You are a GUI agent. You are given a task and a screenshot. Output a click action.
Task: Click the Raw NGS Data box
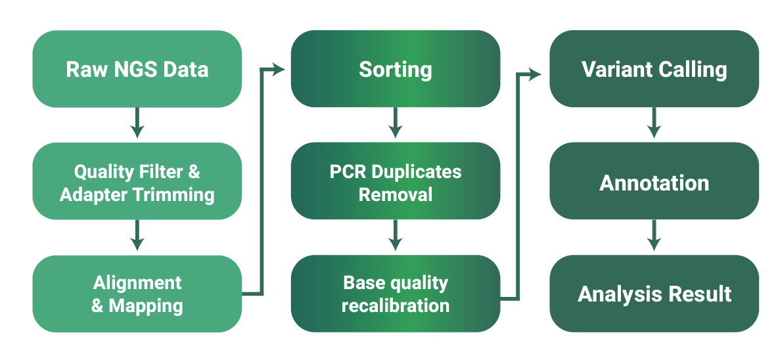point(137,69)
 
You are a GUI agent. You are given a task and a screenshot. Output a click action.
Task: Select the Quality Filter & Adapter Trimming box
point(137,182)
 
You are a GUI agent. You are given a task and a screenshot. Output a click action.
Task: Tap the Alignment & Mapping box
point(137,294)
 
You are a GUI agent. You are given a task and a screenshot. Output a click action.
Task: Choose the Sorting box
point(395,69)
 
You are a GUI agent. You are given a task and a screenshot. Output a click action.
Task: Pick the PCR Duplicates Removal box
point(395,182)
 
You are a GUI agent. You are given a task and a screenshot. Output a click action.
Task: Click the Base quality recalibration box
point(395,294)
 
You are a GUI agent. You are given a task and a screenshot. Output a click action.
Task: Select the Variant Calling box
point(654,69)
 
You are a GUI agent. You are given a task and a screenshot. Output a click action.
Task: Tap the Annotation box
point(654,182)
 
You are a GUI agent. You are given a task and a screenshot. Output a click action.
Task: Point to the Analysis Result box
point(654,294)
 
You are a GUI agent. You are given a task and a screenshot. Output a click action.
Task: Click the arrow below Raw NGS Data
point(137,124)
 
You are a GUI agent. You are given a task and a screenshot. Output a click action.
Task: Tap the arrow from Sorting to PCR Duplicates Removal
point(395,124)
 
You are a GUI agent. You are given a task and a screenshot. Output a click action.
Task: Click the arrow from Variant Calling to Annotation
point(654,124)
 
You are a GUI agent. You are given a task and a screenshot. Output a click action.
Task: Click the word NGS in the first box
point(134,69)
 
